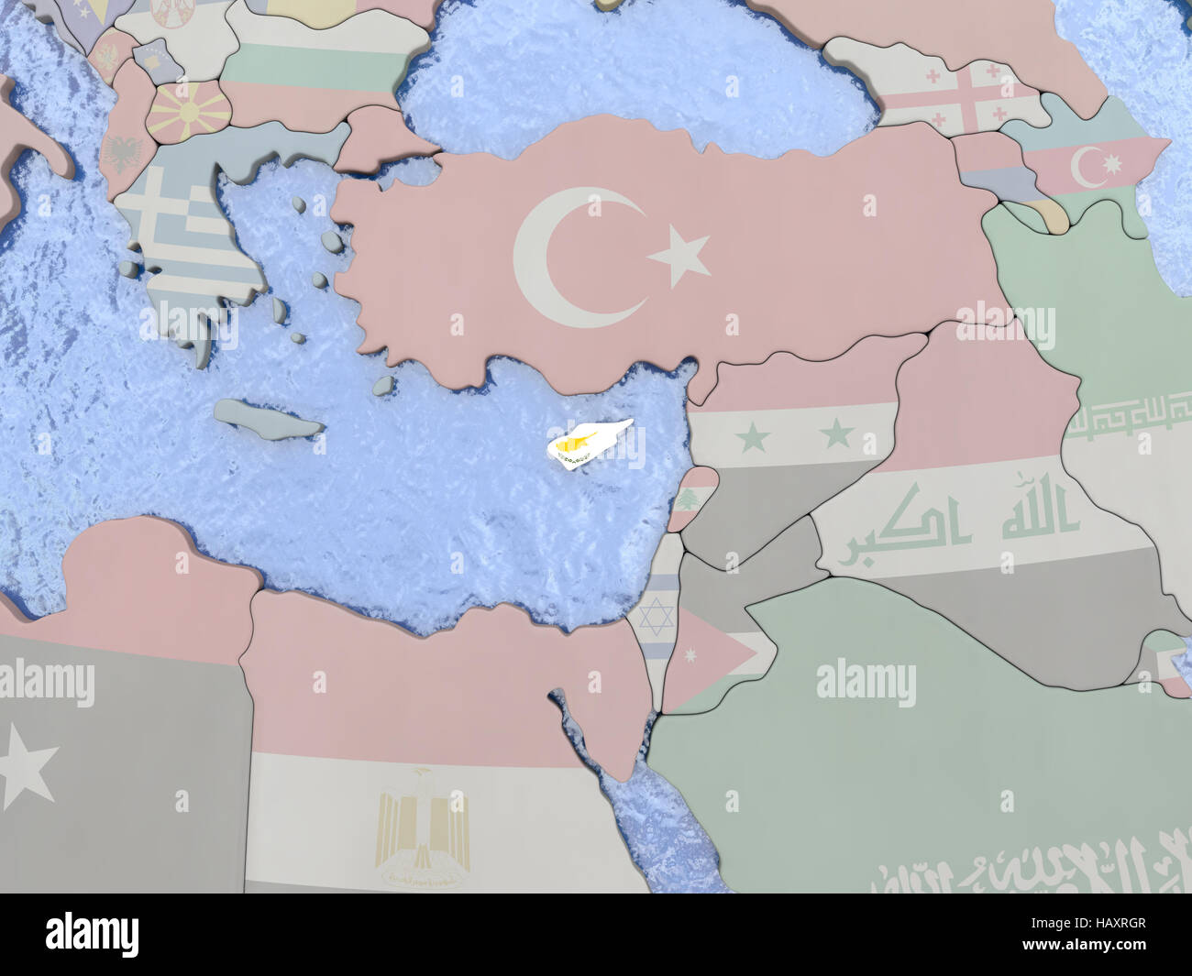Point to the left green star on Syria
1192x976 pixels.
(753, 437)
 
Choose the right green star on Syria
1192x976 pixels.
(837, 433)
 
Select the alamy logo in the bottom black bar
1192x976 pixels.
(92, 934)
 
